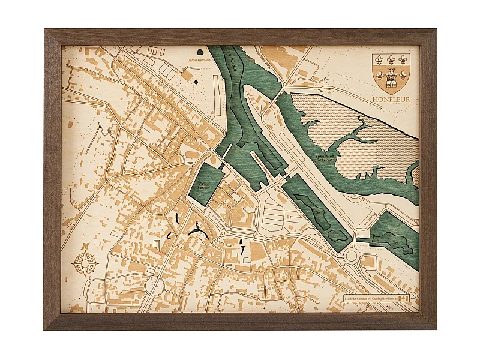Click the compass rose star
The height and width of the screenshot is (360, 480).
click(85, 263)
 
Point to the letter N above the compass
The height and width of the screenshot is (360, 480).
click(85, 246)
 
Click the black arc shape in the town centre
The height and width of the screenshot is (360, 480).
click(197, 232)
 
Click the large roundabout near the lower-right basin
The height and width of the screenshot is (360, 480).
click(350, 256)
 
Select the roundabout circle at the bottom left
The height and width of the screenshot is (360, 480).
click(154, 285)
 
